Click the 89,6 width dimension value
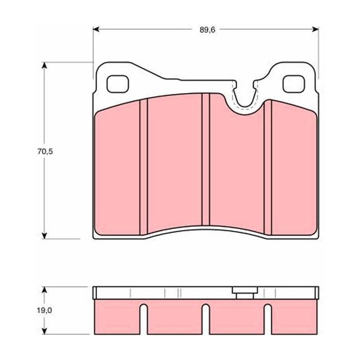point(207,30)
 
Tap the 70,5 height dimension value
point(45,152)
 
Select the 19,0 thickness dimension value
point(45,310)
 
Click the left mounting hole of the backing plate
point(118,84)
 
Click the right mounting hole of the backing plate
point(294,84)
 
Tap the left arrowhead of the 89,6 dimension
point(96,29)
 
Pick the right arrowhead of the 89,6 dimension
point(316,29)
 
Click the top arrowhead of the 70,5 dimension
point(44,65)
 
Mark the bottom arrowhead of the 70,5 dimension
point(44,235)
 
